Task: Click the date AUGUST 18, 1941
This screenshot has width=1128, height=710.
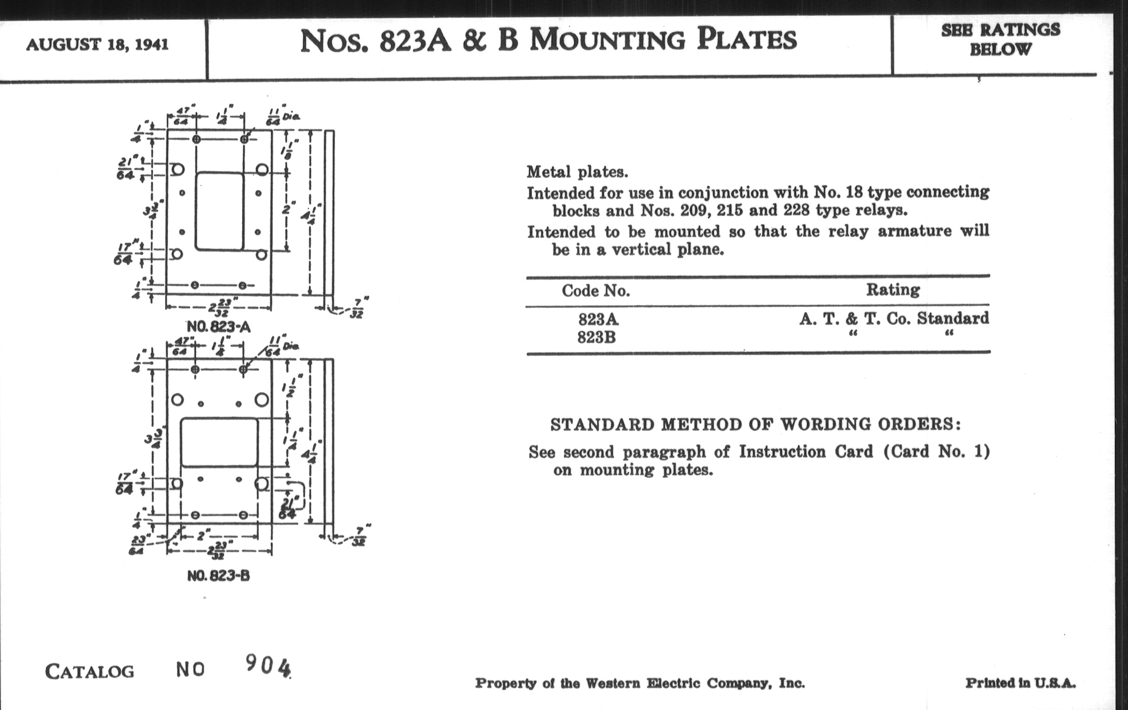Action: pos(97,45)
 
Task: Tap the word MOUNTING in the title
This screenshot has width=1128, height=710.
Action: pos(608,40)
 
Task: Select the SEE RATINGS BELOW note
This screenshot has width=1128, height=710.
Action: pos(1000,39)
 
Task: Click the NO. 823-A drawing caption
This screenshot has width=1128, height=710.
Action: pos(218,326)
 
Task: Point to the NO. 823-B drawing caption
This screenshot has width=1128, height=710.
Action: pos(218,575)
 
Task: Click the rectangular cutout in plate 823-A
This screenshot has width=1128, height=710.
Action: pos(220,211)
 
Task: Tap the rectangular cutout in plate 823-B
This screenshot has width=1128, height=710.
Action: pos(219,442)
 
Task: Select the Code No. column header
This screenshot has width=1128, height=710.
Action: pos(596,291)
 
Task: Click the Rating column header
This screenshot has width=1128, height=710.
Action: pos(892,290)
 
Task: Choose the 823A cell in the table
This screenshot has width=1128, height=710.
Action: pos(598,320)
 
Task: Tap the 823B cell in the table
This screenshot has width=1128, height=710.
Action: pos(596,337)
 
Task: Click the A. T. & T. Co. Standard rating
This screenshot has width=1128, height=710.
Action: pos(894,319)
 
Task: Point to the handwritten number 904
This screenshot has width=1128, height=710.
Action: pos(268,665)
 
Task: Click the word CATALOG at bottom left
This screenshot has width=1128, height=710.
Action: pos(90,672)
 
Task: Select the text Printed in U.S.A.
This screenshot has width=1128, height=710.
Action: pos(1020,683)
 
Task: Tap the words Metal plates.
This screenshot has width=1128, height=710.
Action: pos(577,172)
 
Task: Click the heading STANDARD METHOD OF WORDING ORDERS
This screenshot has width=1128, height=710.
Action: pos(755,425)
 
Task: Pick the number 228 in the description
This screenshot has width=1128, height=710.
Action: pos(796,210)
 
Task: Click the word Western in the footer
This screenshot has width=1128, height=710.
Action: pos(613,684)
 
